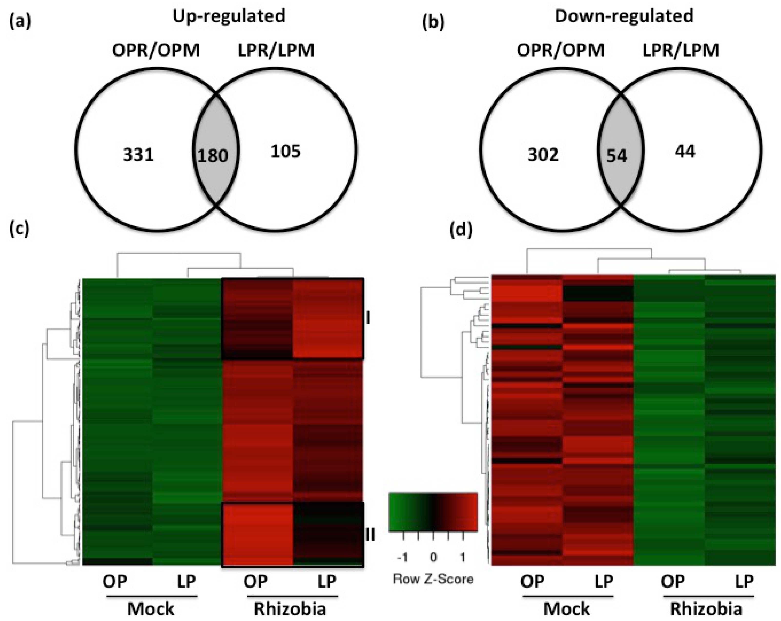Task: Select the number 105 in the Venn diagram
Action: click(x=286, y=151)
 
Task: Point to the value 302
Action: click(x=543, y=155)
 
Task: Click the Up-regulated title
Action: click(x=229, y=16)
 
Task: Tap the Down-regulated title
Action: click(x=624, y=16)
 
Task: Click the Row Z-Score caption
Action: click(x=433, y=579)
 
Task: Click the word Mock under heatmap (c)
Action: click(x=151, y=609)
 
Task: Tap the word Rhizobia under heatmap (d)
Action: click(x=706, y=609)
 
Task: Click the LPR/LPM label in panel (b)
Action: click(x=681, y=50)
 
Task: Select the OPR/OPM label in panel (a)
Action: click(x=156, y=50)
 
